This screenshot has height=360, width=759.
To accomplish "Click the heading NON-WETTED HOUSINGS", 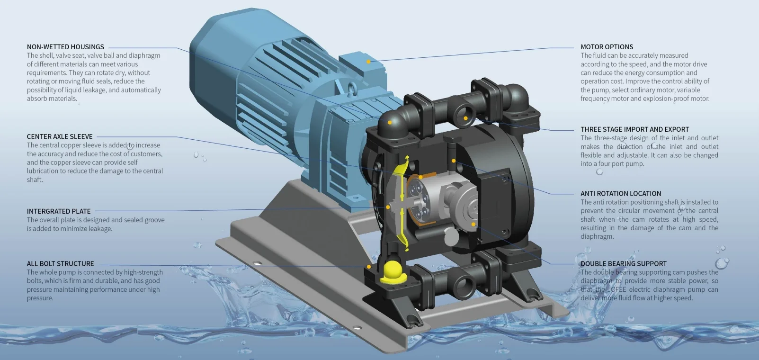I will point(65,47).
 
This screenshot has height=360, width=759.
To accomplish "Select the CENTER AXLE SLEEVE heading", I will point(60,136).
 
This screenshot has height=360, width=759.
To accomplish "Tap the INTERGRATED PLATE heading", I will point(59,211).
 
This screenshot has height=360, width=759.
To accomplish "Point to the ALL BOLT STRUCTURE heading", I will point(60,263).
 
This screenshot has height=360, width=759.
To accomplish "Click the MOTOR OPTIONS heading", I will point(607,47).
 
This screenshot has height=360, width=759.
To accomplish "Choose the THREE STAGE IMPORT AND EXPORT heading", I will point(634,129).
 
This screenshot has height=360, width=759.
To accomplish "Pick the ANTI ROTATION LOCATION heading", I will point(621,193).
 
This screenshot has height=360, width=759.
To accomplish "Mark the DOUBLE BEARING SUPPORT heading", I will point(623,263).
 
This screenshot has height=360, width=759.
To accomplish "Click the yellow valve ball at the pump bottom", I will point(391,270).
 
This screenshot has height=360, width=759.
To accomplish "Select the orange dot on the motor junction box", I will point(368,62).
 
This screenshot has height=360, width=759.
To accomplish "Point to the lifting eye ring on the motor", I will point(352,90).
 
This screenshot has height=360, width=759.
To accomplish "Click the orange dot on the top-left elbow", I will point(390,122).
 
